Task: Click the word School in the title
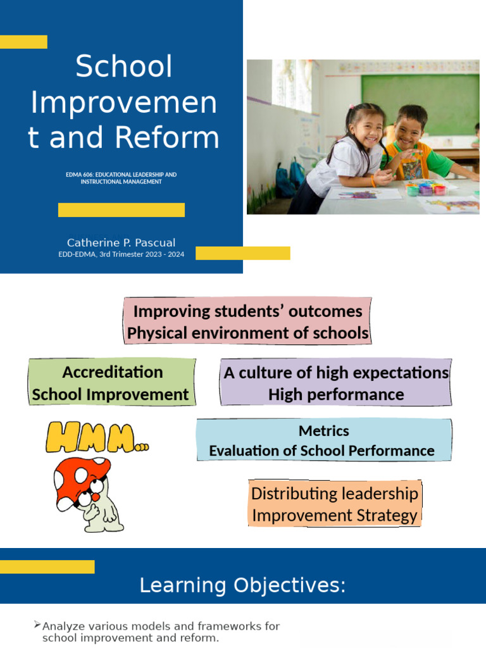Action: [x=124, y=66]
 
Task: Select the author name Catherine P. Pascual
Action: [x=121, y=242]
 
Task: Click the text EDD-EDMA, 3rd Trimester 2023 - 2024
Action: [x=121, y=254]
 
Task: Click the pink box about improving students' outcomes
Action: [x=247, y=321]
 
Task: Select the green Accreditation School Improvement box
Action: [x=111, y=383]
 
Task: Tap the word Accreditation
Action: [x=113, y=371]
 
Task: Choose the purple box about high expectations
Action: [x=336, y=383]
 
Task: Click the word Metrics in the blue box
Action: [x=324, y=431]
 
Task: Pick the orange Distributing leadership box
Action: [x=335, y=504]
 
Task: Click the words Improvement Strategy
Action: [x=335, y=515]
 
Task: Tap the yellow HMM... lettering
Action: [x=95, y=438]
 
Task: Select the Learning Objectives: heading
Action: [x=242, y=585]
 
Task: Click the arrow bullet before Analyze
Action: [x=37, y=625]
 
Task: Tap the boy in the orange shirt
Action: [x=414, y=146]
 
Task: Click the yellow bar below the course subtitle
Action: [x=121, y=210]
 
